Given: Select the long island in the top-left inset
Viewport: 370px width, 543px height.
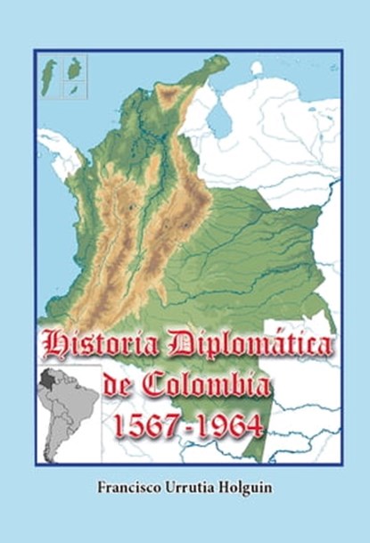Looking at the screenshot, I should (x=50, y=72).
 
